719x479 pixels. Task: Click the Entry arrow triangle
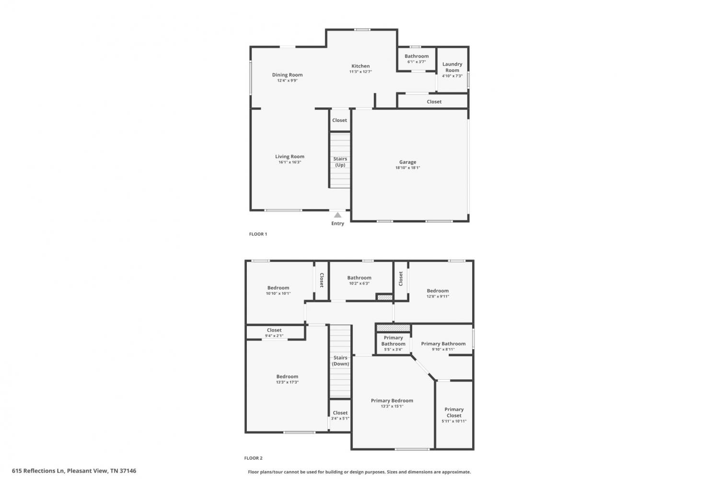click(337, 215)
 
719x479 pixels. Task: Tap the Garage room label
click(407, 162)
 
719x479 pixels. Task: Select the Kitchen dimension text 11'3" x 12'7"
click(360, 71)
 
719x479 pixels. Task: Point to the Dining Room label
click(287, 75)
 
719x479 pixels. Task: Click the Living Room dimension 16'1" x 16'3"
click(290, 162)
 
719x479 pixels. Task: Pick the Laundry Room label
click(452, 67)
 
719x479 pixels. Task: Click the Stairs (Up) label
click(340, 162)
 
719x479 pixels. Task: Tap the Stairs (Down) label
click(340, 361)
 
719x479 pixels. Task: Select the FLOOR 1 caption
click(258, 234)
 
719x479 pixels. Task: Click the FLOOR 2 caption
click(253, 458)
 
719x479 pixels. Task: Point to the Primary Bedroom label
click(392, 401)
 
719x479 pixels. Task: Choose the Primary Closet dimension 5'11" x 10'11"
click(454, 421)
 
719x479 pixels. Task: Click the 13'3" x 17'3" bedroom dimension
click(287, 382)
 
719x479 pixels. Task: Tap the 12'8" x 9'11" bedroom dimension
click(438, 296)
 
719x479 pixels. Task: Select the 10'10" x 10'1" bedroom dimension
click(278, 293)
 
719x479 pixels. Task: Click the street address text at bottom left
click(74, 471)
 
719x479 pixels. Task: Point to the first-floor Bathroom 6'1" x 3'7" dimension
click(417, 62)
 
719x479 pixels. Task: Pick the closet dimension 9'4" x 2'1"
click(274, 336)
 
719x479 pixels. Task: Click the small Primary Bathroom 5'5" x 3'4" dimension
click(393, 349)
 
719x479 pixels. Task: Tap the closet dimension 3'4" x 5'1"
click(340, 418)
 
